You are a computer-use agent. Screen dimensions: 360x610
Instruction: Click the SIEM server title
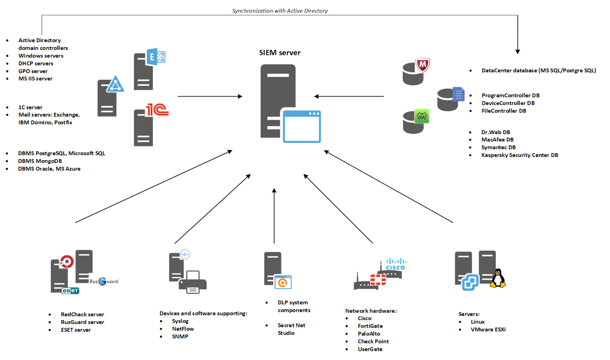[279, 53]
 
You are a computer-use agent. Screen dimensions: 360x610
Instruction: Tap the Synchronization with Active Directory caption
[279, 11]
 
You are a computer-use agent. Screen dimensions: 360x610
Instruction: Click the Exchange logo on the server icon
[156, 57]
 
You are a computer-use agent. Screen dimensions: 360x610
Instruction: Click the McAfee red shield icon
[422, 65]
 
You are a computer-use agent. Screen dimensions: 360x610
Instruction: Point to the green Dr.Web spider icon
[422, 116]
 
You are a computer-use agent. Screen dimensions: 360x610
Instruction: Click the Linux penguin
[498, 278]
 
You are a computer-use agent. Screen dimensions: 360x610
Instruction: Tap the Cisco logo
[395, 264]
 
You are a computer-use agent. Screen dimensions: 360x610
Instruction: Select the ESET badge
[70, 291]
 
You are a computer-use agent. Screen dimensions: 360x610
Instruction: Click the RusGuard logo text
[104, 281]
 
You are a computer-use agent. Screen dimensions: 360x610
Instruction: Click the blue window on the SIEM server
[302, 126]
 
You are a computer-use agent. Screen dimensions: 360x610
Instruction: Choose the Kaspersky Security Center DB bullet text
[519, 155]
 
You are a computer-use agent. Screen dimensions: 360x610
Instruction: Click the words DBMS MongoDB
[40, 161]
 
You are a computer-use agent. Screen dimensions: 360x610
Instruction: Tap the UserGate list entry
[370, 349]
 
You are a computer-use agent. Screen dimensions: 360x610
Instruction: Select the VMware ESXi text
[488, 330]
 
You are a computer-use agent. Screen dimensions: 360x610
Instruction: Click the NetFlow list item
[183, 329]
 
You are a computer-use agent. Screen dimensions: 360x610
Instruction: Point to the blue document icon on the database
[458, 94]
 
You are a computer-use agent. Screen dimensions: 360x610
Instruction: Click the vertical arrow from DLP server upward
[274, 215]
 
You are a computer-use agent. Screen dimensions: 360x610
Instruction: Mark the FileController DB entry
[504, 111]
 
